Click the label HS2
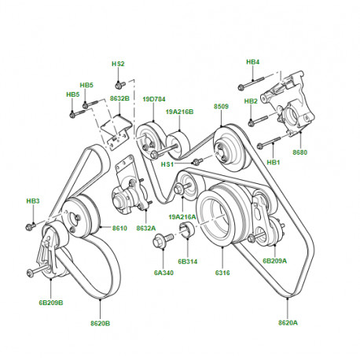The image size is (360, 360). [x=118, y=64]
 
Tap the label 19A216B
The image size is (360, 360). [x=179, y=112]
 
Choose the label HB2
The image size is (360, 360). [x=251, y=101]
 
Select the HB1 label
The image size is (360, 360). [x=274, y=163]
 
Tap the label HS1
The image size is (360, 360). [x=167, y=164]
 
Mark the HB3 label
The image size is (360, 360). [x=32, y=202]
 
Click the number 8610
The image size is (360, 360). [x=119, y=227]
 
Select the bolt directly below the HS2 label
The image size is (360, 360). [x=118, y=84]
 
